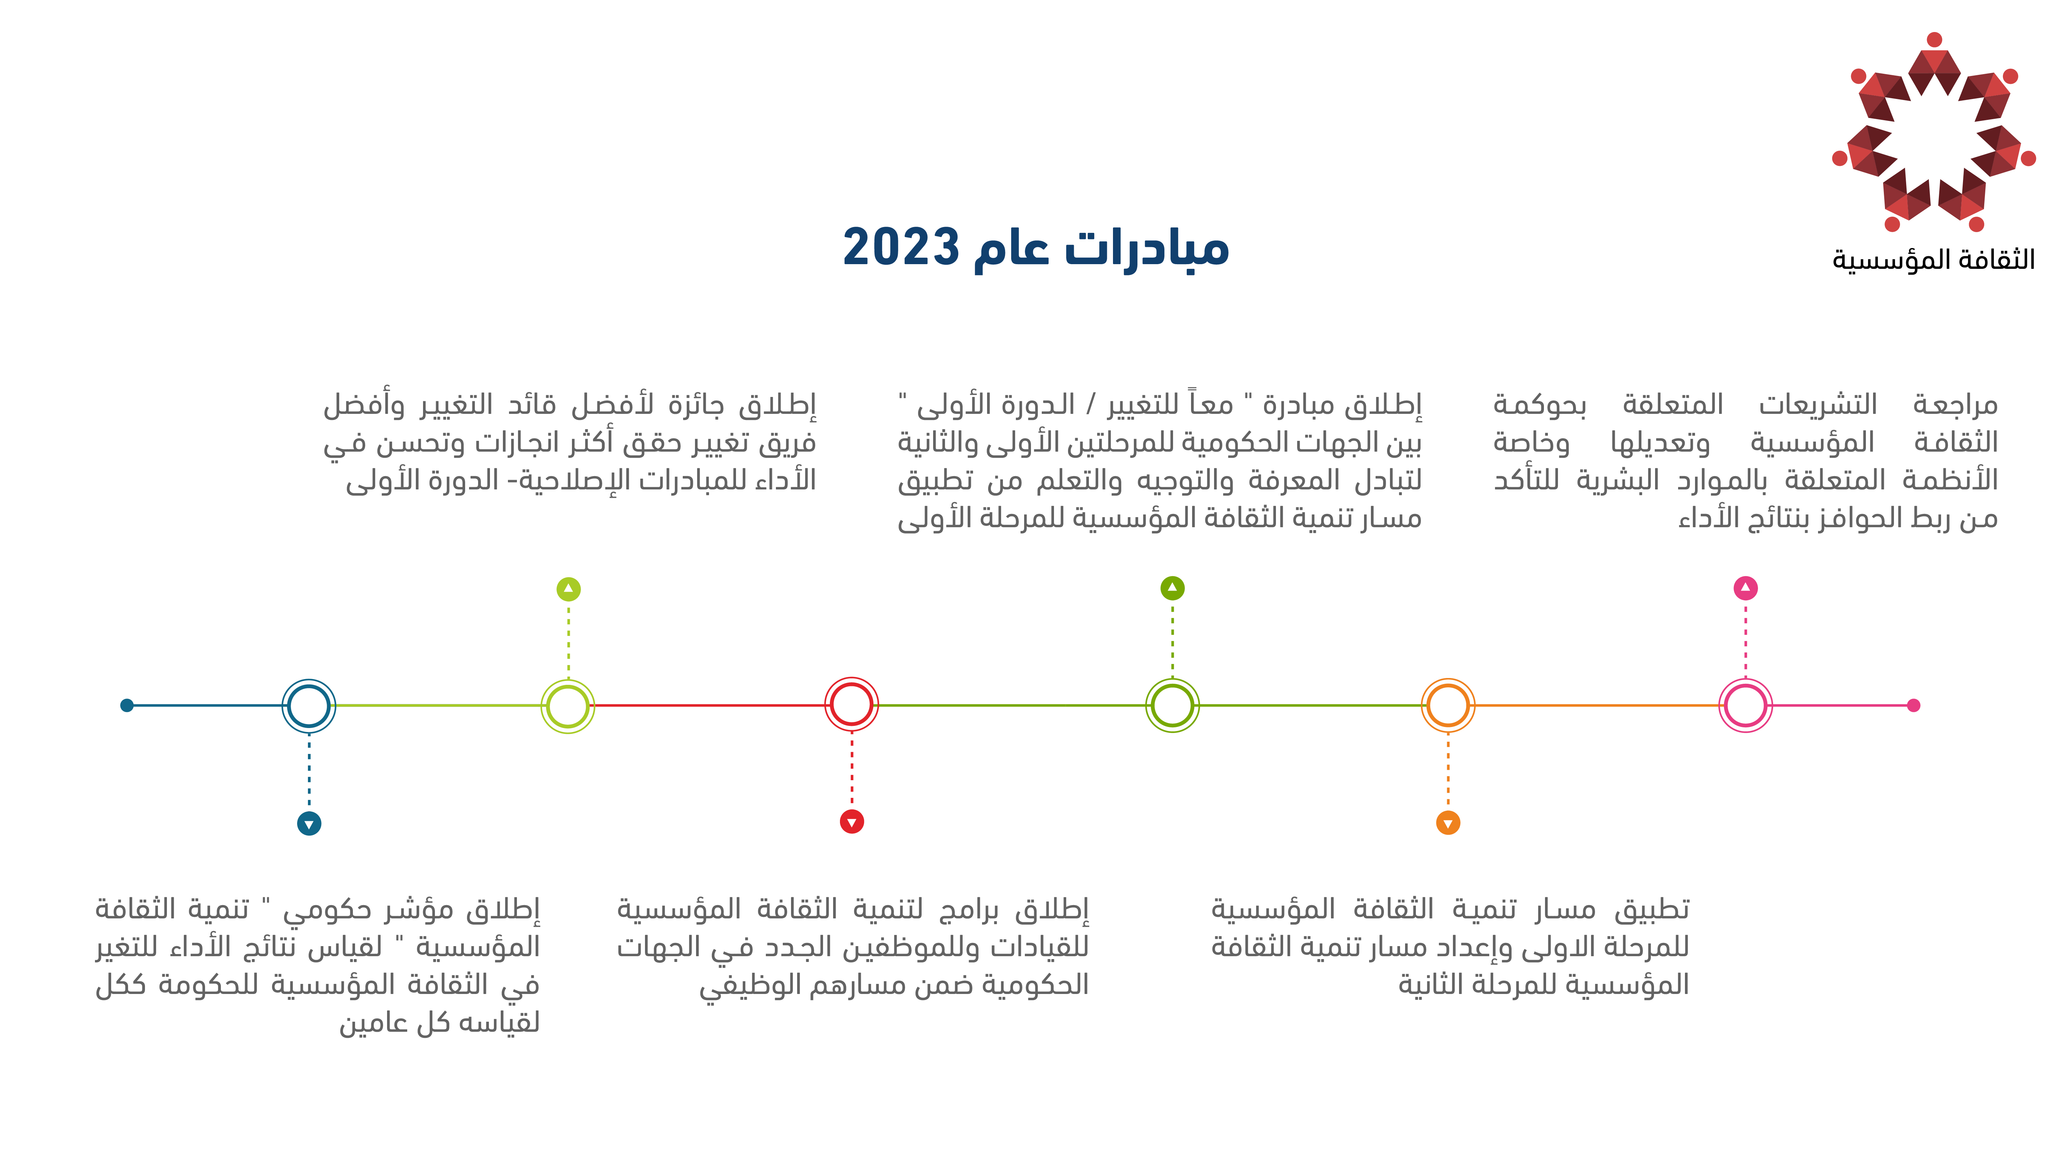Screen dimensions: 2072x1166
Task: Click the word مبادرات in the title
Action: point(1147,246)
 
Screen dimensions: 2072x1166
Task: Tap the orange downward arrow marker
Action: point(1448,823)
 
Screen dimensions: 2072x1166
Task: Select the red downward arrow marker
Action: point(852,822)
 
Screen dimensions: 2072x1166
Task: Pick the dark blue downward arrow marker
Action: point(309,823)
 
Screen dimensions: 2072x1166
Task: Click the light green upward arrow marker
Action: point(569,589)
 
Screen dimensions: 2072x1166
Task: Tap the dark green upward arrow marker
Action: point(1173,588)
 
